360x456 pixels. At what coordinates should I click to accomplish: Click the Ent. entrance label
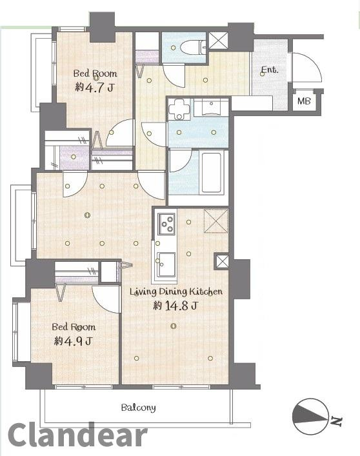tap(270, 70)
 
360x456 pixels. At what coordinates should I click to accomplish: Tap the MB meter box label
tap(304, 101)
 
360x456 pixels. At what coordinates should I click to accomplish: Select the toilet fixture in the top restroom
tap(190, 47)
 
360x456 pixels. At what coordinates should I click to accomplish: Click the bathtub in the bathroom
tap(210, 172)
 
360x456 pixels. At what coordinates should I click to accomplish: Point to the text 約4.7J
tap(94, 87)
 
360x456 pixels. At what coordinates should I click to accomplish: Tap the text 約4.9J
tap(73, 341)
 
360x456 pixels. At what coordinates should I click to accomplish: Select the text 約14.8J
tap(175, 306)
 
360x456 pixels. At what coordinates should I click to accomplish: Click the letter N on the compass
tap(336, 422)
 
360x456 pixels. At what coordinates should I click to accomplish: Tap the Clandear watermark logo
tap(77, 436)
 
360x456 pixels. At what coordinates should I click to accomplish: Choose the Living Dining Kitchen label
tap(175, 292)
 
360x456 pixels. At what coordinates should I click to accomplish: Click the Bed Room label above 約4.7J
tap(94, 73)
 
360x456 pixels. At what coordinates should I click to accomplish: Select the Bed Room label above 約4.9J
tap(74, 327)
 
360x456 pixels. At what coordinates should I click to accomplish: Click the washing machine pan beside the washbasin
tap(179, 109)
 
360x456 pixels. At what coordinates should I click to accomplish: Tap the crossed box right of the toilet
tap(217, 41)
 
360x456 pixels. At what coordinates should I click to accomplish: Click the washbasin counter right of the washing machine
tap(212, 108)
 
